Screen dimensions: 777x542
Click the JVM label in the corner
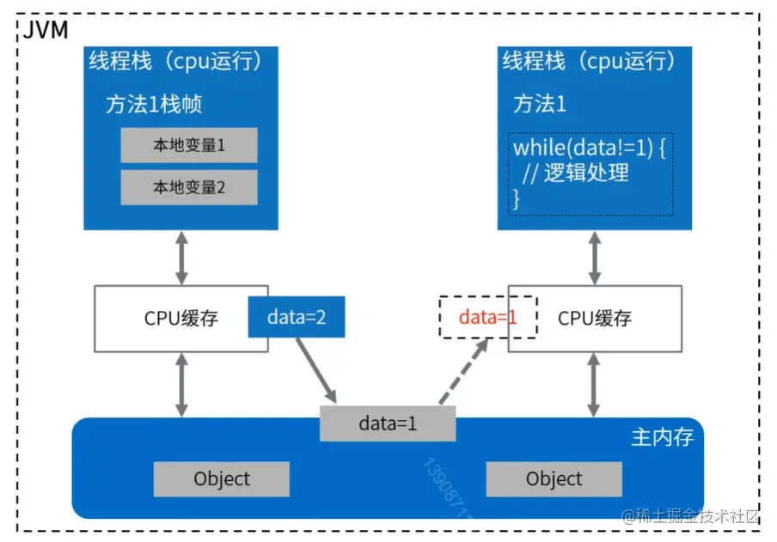point(45,30)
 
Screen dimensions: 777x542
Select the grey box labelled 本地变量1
point(189,145)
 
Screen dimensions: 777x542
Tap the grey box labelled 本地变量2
point(189,187)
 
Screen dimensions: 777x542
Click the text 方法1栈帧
point(154,105)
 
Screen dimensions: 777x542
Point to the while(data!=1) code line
point(589,148)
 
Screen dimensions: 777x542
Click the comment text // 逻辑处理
point(576,173)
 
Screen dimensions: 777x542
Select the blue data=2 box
point(297,317)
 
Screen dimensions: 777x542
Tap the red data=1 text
point(487,317)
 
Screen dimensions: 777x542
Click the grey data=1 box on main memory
point(388,423)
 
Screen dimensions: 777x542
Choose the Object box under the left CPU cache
point(222,479)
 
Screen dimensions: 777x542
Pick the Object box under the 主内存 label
point(554,479)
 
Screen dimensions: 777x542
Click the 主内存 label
point(662,437)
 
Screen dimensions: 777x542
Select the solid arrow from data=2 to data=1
point(316,370)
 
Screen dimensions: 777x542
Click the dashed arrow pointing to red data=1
point(464,371)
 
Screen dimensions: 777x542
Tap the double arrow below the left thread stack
point(182,258)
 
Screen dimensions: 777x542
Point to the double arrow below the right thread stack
point(595,258)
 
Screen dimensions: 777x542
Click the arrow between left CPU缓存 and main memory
point(182,385)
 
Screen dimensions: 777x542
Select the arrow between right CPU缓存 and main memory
point(594,385)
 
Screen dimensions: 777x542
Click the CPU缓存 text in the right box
point(595,318)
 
